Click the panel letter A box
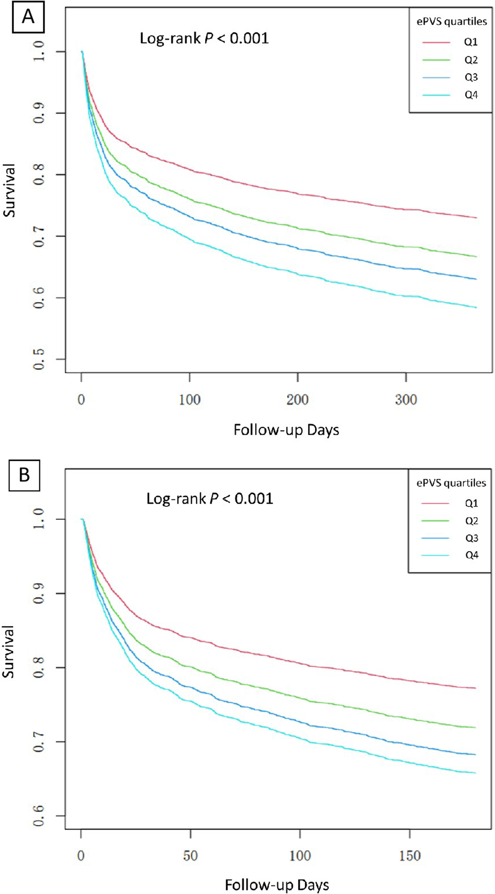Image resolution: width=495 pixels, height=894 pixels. pyautogui.click(x=28, y=17)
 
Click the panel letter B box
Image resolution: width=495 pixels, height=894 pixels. pyautogui.click(x=24, y=475)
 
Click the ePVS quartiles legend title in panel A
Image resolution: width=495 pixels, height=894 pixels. pyautogui.click(x=451, y=22)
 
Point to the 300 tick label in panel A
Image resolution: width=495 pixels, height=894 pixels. pyautogui.click(x=406, y=400)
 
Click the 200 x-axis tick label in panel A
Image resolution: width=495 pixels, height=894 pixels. pyautogui.click(x=297, y=400)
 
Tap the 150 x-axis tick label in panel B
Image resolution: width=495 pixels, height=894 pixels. pyautogui.click(x=409, y=856)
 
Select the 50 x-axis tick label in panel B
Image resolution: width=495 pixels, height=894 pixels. pyautogui.click(x=190, y=856)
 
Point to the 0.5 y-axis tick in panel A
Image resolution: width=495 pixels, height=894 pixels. pyautogui.click(x=39, y=359)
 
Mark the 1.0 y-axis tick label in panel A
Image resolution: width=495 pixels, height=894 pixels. pyautogui.click(x=39, y=51)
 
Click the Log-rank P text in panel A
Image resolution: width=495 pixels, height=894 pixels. pyautogui.click(x=204, y=38)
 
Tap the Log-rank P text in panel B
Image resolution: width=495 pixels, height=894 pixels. pyautogui.click(x=210, y=498)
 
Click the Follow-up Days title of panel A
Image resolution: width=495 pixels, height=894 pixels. pyautogui.click(x=286, y=430)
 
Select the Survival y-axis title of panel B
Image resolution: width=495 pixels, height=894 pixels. pyautogui.click(x=9, y=652)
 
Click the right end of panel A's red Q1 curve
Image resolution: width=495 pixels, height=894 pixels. pyautogui.click(x=476, y=218)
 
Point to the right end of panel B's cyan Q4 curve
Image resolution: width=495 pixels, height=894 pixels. pyautogui.click(x=475, y=773)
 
